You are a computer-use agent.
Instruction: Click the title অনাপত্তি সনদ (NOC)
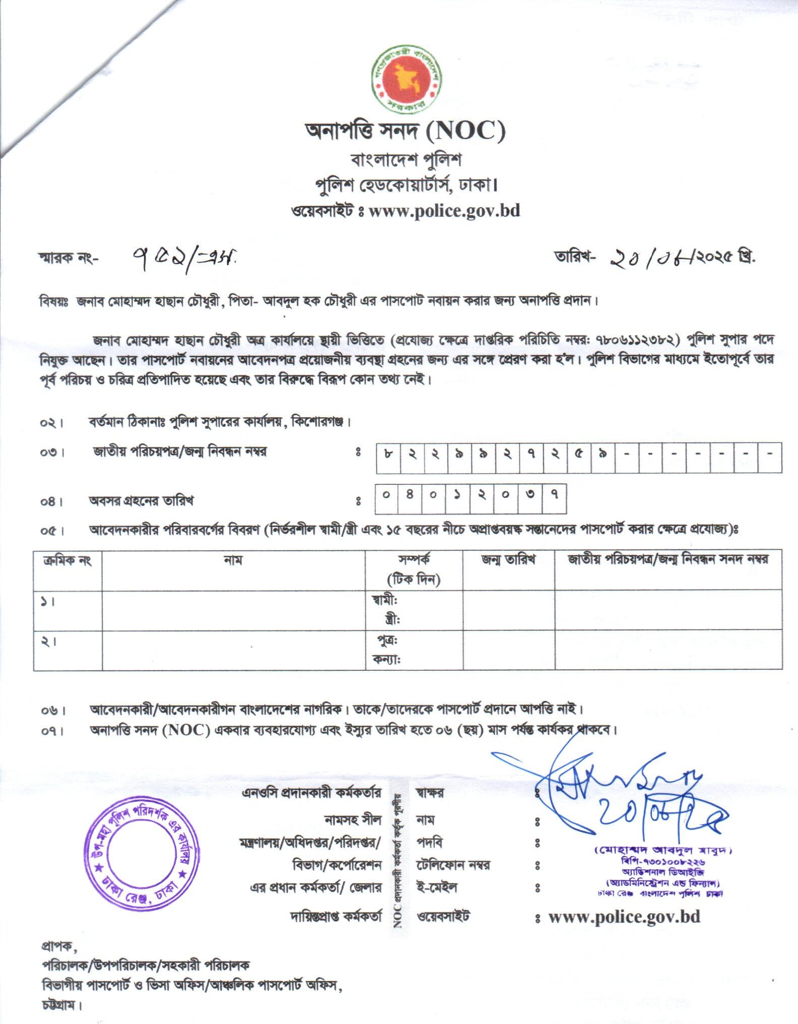tap(405, 132)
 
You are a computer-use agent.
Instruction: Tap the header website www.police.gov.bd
tap(444, 210)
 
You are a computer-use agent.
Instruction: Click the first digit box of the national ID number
tap(388, 455)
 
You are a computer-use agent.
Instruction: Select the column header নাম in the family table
tap(233, 560)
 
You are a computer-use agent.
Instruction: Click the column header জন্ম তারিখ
tap(508, 559)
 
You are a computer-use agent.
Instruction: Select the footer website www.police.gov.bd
tap(624, 917)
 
